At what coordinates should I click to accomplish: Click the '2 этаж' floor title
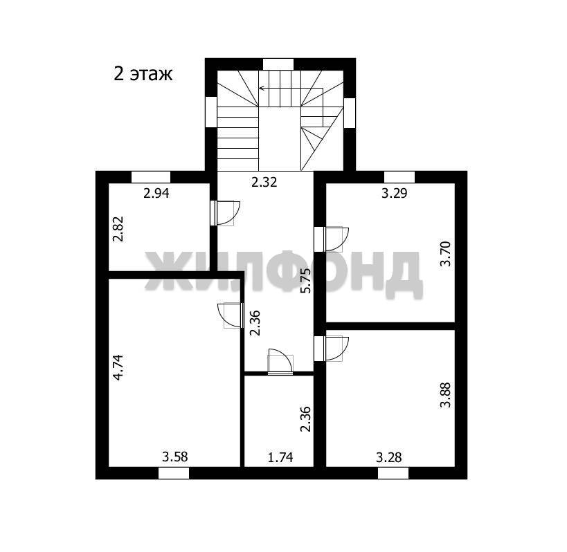tap(143, 74)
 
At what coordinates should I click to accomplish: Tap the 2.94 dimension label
tap(156, 193)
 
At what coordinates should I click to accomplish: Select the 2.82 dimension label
tap(118, 229)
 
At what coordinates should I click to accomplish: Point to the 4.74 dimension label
tap(118, 367)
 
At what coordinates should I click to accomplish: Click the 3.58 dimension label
tap(174, 457)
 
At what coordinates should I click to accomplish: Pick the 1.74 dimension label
tap(280, 457)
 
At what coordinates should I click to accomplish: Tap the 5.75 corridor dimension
tap(306, 280)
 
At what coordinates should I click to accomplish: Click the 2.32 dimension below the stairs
tap(264, 182)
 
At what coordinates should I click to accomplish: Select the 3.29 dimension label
tap(394, 193)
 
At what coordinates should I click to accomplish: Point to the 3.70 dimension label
tap(446, 254)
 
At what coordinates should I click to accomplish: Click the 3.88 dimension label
tap(446, 395)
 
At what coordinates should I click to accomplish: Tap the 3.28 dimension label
tap(388, 457)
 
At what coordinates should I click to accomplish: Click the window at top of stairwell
tap(278, 64)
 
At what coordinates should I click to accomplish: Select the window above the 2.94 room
tap(151, 177)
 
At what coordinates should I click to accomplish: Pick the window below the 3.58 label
tap(174, 473)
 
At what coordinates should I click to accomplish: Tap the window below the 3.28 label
tap(393, 473)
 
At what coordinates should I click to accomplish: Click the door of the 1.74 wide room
tap(280, 362)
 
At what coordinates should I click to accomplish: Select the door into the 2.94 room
tap(225, 213)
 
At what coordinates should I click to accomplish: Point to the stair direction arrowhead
tap(261, 88)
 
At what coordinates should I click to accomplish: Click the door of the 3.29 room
tap(331, 239)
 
